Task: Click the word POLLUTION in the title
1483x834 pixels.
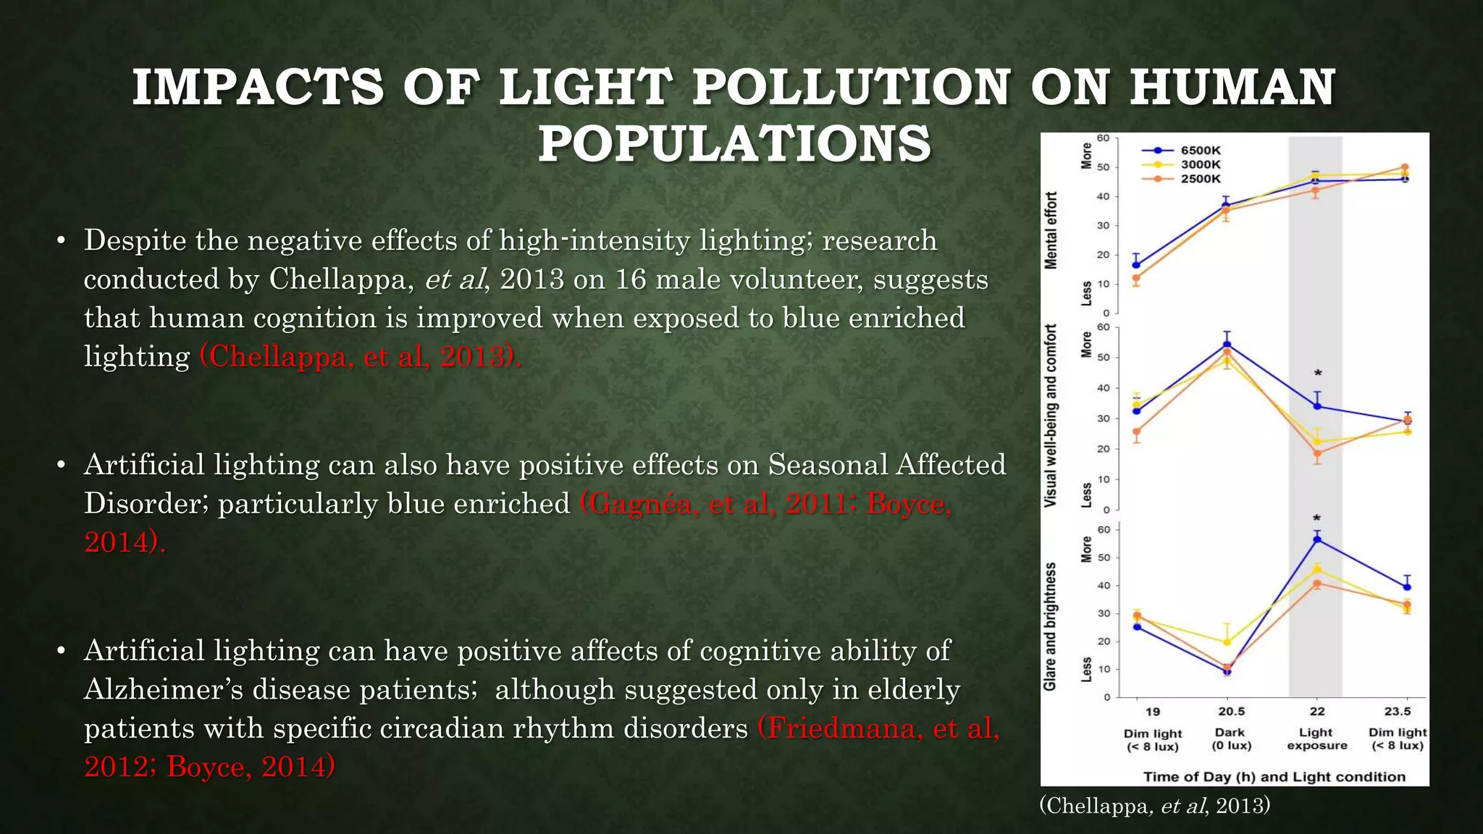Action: tap(851, 88)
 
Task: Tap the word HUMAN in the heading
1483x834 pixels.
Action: tap(1232, 88)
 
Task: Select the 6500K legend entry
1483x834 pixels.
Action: tap(1200, 151)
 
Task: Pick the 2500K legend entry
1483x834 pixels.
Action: tap(1200, 179)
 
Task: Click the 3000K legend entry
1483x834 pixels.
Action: tap(1200, 164)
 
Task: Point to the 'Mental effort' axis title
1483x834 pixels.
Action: tap(1051, 230)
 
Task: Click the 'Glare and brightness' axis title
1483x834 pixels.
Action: tap(1050, 626)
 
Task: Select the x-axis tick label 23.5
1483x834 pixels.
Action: tap(1397, 712)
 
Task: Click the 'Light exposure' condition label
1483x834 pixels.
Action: tap(1316, 739)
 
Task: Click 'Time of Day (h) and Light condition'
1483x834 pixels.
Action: tap(1274, 777)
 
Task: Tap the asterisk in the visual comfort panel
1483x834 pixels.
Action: tap(1318, 374)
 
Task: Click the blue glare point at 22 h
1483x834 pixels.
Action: tap(1317, 539)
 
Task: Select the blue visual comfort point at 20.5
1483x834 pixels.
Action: tap(1227, 345)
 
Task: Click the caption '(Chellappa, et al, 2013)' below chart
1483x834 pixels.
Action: tap(1154, 806)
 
